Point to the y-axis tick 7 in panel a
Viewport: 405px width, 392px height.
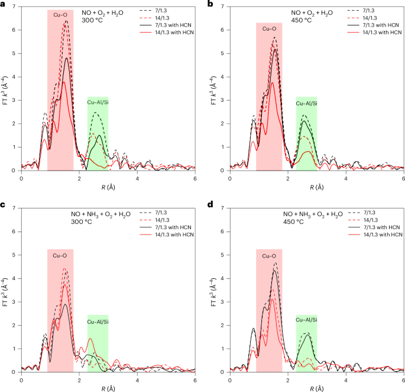tap(15, 7)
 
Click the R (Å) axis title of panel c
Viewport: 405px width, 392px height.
tap(108, 388)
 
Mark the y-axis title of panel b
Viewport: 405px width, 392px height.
tap(213, 89)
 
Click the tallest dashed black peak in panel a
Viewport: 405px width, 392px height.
tap(66, 21)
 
